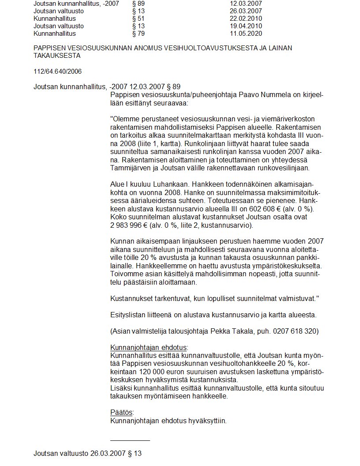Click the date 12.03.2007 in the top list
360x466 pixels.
[246, 4]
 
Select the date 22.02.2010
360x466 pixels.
[246, 19]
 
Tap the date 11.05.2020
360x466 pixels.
[246, 34]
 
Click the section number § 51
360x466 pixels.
[138, 19]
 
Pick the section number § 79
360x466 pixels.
[138, 34]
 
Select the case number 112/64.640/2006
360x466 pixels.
[57, 71]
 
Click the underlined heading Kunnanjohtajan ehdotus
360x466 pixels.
[149, 347]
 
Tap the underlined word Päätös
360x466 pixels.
[121, 412]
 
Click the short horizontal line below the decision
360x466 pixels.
[130, 440]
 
